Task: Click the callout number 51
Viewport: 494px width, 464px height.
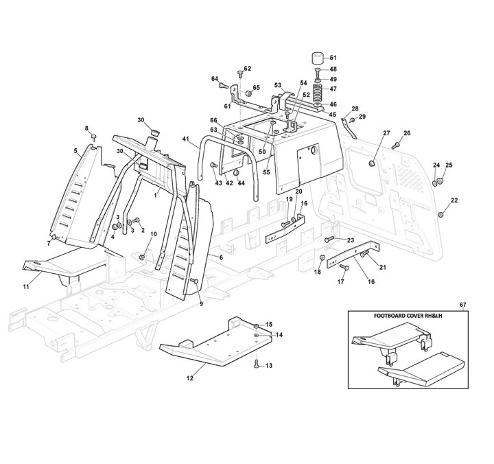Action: pyautogui.click(x=333, y=58)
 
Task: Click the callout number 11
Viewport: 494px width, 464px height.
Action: pyautogui.click(x=26, y=286)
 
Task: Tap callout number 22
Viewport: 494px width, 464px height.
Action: pyautogui.click(x=454, y=200)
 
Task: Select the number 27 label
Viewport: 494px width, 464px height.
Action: pyautogui.click(x=386, y=132)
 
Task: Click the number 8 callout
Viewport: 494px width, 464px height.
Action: pyautogui.click(x=87, y=128)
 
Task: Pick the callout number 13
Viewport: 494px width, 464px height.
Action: pyautogui.click(x=269, y=366)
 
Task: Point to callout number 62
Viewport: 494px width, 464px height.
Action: pyautogui.click(x=248, y=69)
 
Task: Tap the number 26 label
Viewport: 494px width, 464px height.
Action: pyautogui.click(x=407, y=132)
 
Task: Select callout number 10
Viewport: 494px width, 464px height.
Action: pyautogui.click(x=154, y=234)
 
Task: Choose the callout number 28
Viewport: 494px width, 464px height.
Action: pyautogui.click(x=355, y=109)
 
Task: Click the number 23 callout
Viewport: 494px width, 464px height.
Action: pyautogui.click(x=350, y=240)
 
